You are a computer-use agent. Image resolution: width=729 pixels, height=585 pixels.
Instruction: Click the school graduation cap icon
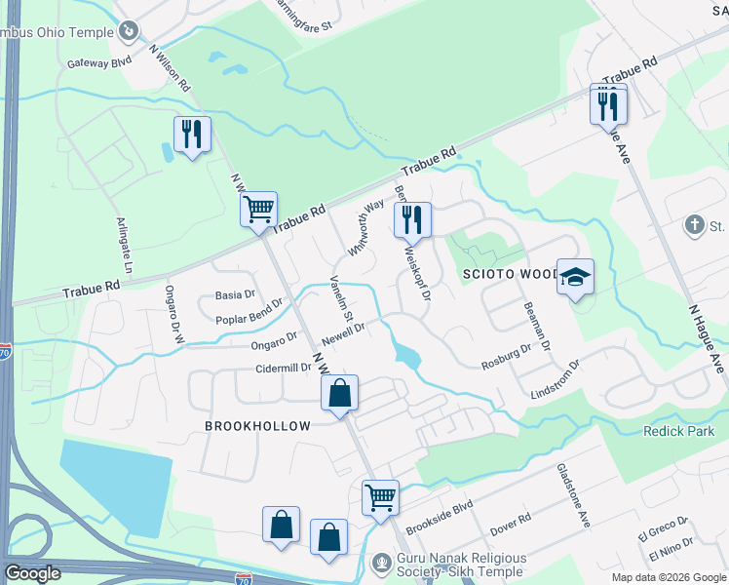click(x=575, y=277)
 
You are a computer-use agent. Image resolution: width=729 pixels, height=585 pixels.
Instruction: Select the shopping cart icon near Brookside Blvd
click(x=380, y=496)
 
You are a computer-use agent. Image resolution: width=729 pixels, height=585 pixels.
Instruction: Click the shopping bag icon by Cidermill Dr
click(x=339, y=394)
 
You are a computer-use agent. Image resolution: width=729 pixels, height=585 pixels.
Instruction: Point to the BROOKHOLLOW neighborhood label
click(x=258, y=426)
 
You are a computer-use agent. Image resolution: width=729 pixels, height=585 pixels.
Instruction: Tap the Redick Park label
click(x=679, y=431)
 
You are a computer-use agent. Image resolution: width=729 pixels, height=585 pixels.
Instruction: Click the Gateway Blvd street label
click(x=99, y=61)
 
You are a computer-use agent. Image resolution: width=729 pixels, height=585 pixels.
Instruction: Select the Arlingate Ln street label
click(x=125, y=244)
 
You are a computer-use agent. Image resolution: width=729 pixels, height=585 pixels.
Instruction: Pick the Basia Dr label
click(x=235, y=293)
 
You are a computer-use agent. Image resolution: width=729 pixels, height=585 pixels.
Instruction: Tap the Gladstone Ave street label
click(x=574, y=495)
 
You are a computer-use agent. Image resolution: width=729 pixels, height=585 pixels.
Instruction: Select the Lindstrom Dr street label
click(x=555, y=379)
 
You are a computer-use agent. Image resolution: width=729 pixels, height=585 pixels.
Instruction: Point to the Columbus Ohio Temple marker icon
click(x=128, y=32)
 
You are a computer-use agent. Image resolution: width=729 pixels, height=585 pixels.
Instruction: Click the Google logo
click(x=32, y=573)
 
